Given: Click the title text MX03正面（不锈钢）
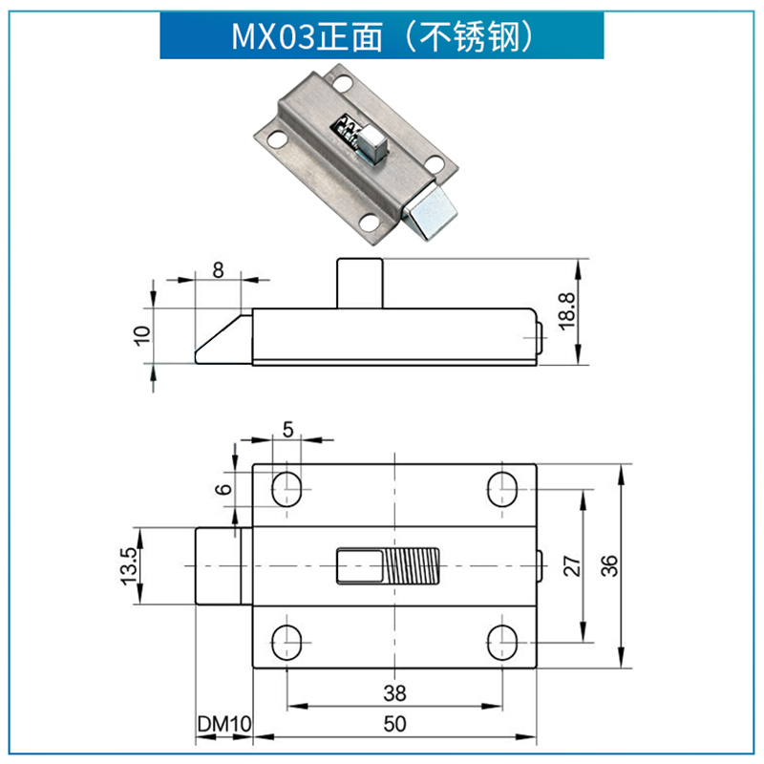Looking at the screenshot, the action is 381,35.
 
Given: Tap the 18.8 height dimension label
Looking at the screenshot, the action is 566,311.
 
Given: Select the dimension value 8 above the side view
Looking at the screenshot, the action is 218,269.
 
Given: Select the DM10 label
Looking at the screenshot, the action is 223,725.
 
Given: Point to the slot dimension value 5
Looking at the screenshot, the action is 287,429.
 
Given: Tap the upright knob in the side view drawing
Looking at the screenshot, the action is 359,283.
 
